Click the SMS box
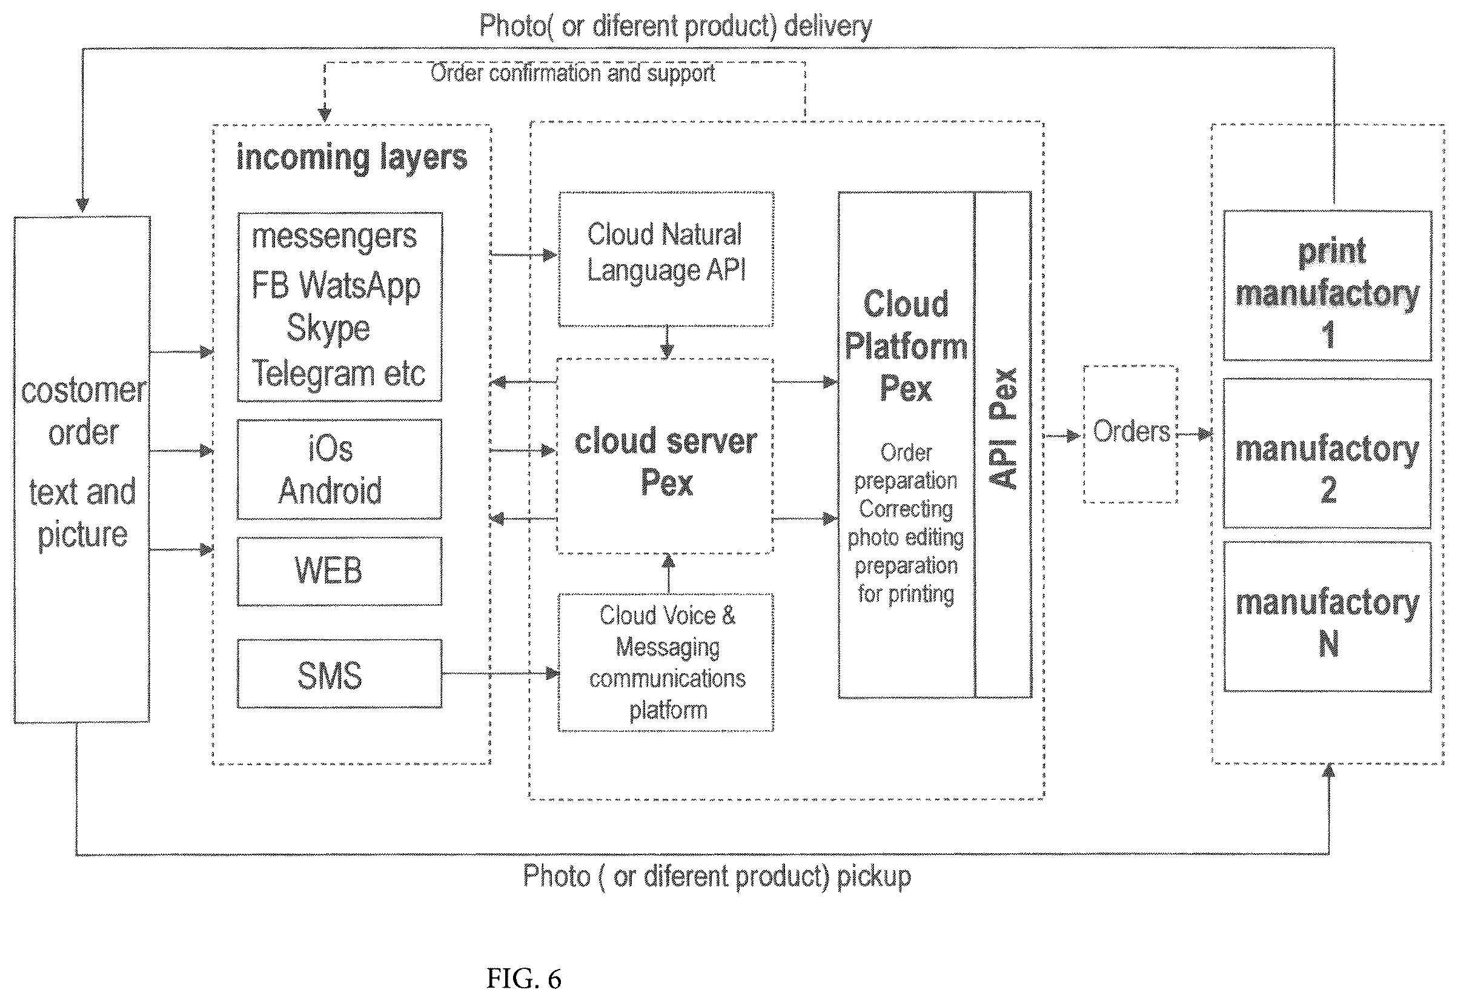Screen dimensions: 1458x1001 [339, 673]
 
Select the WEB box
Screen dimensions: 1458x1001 [339, 571]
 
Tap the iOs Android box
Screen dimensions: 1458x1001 [339, 470]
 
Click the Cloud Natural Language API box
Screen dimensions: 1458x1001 [666, 259]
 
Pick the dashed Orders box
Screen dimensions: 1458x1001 [1130, 434]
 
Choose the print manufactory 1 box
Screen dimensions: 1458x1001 [1328, 285]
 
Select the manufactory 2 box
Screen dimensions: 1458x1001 [1328, 453]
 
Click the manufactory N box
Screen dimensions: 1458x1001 [1328, 617]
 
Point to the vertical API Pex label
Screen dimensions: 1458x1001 [1002, 428]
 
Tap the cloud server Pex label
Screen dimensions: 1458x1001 [666, 462]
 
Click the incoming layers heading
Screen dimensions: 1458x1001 [351, 158]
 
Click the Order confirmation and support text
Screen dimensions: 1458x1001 [573, 73]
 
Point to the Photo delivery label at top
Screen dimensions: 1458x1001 [675, 27]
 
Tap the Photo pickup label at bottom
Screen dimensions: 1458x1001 [717, 876]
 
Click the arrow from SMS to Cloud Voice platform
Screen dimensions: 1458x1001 [500, 673]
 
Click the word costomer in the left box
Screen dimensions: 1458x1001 [84, 391]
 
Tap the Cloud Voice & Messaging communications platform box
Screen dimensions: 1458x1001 [666, 662]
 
